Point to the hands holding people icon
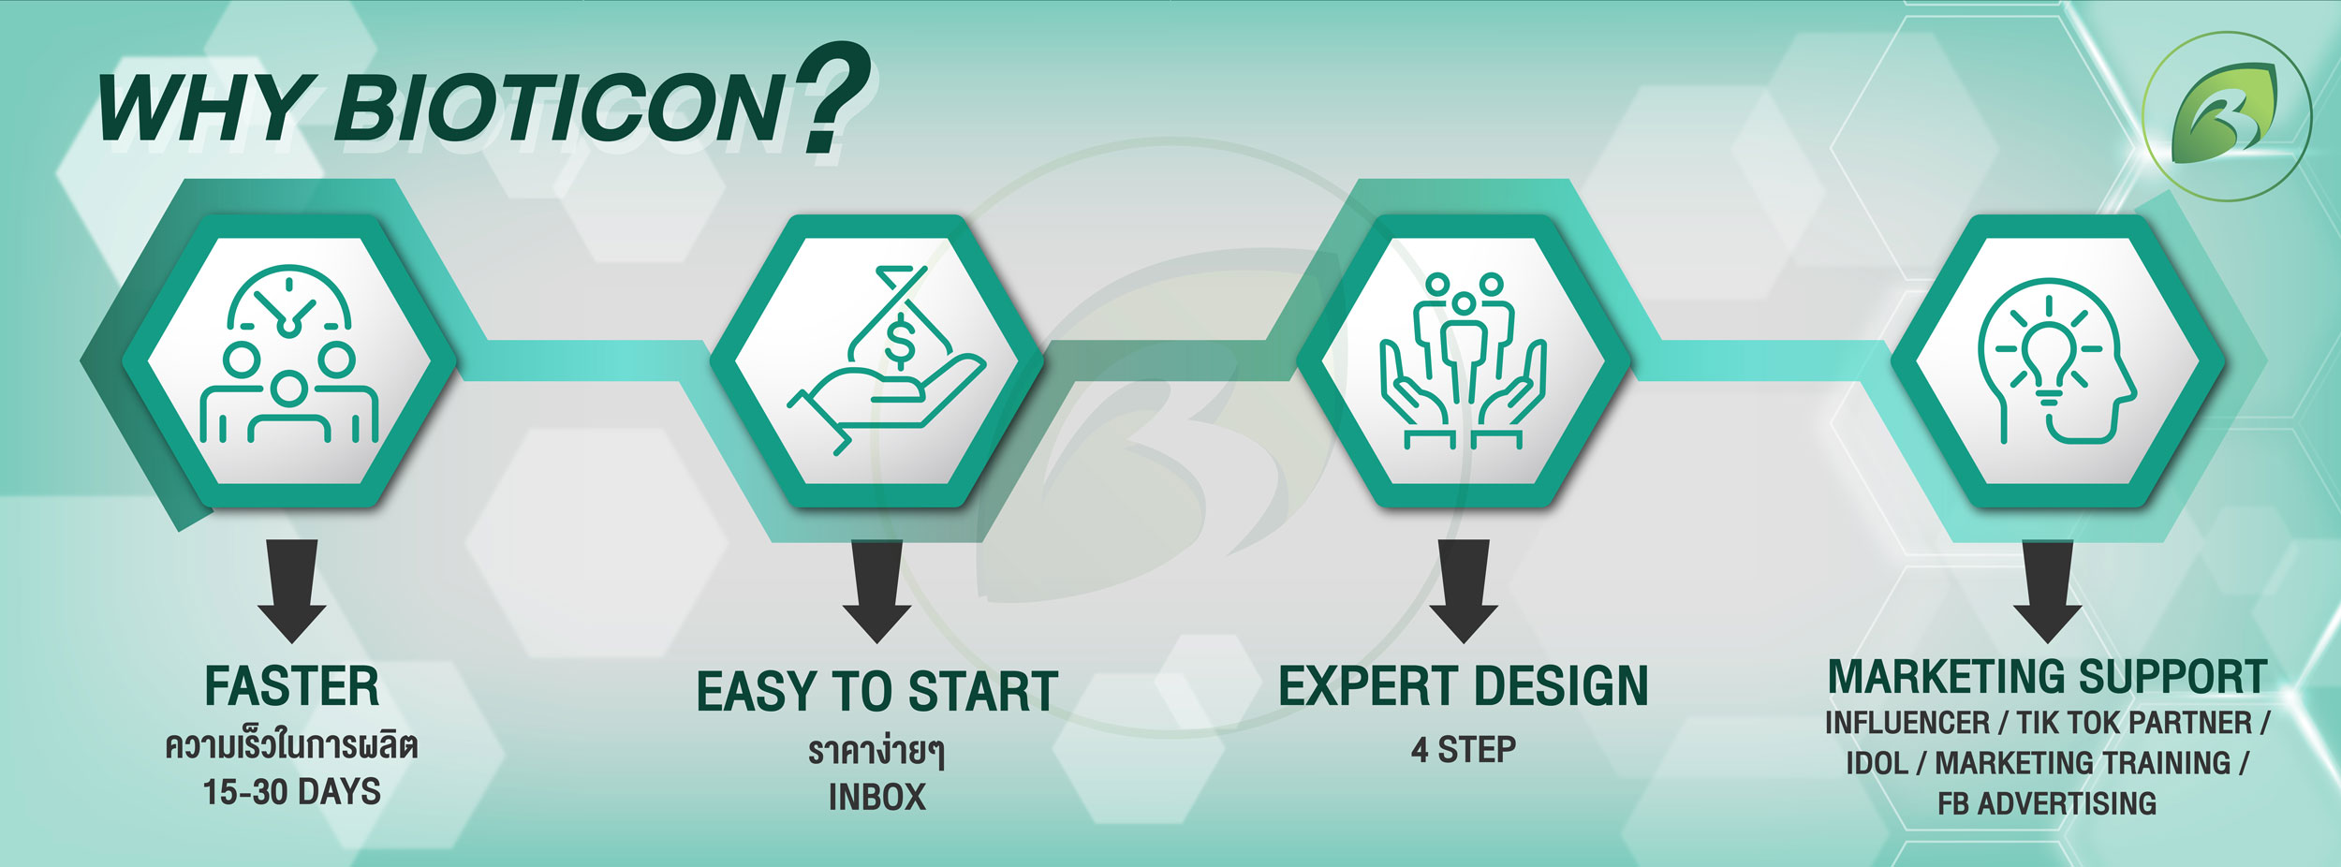(x=1463, y=361)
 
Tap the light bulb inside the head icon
(x=2049, y=360)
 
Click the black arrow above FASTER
(x=292, y=591)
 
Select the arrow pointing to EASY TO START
(x=876, y=591)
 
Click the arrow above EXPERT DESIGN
(x=1464, y=591)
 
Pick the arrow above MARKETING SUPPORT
(x=2048, y=591)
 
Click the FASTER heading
(x=292, y=686)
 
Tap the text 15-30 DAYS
(x=292, y=792)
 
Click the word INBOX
(x=877, y=798)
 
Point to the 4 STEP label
(x=1464, y=750)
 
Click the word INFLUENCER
(x=1907, y=724)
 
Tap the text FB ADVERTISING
(x=2047, y=803)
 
